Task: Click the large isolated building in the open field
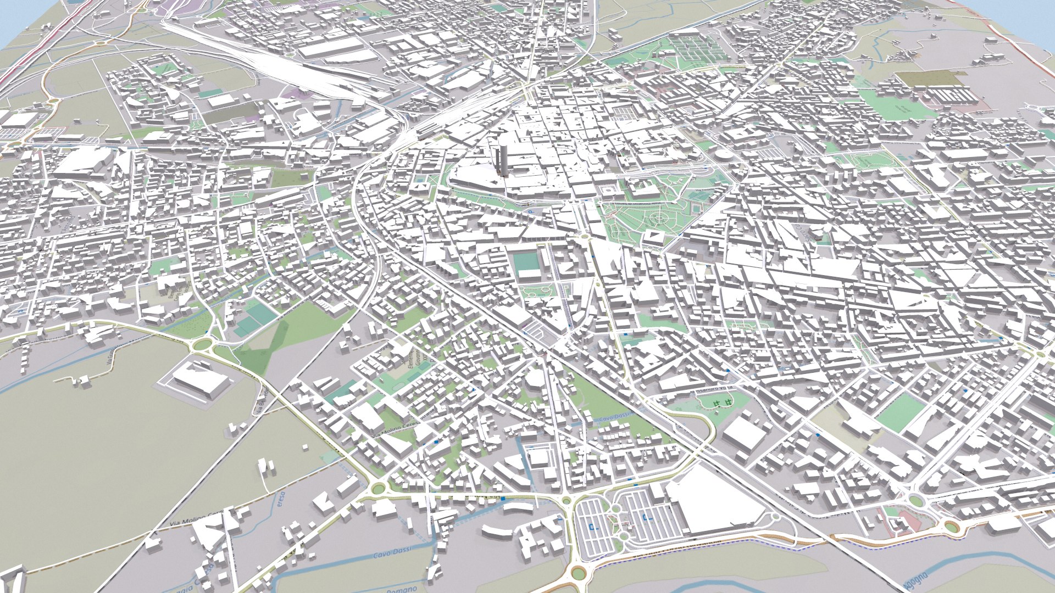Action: click(x=201, y=379)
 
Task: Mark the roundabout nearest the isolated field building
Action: click(x=203, y=345)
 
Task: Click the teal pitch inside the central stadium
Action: click(x=528, y=262)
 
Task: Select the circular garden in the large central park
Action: click(x=657, y=220)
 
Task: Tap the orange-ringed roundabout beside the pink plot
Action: click(x=951, y=527)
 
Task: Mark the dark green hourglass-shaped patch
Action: click(x=269, y=346)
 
